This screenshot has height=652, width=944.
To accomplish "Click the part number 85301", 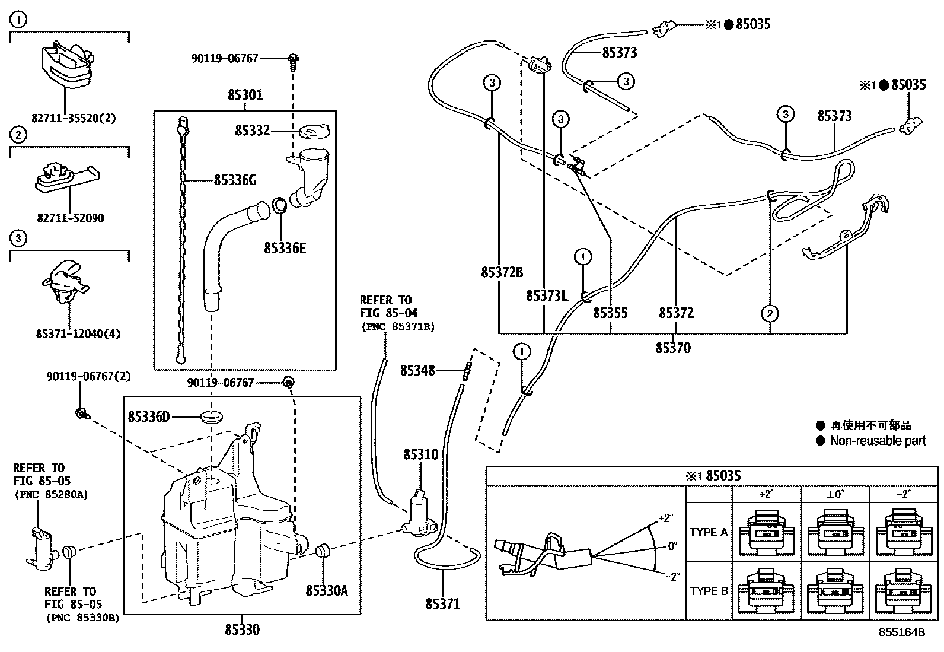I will (245, 95).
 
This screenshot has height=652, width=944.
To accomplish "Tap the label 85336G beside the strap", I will (235, 180).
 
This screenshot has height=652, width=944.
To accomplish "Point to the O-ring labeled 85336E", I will (280, 207).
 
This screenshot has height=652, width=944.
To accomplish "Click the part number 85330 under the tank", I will (242, 629).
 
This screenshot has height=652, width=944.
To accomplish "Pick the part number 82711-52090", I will (69, 218).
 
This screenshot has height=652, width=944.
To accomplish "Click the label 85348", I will (417, 371).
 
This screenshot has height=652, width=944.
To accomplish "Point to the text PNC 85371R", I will (397, 326).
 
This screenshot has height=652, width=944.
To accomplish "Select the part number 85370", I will (672, 348).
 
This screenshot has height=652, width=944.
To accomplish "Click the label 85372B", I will (502, 272).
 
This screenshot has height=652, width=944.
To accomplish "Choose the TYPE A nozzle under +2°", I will (767, 532).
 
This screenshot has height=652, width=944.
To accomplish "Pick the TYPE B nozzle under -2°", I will (903, 591).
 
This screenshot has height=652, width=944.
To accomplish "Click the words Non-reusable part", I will (878, 440).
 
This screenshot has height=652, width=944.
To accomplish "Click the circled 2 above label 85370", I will (770, 313).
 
